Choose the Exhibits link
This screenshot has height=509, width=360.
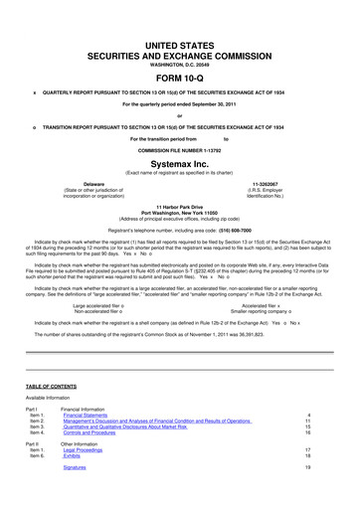pyautogui.click(x=73, y=458)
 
